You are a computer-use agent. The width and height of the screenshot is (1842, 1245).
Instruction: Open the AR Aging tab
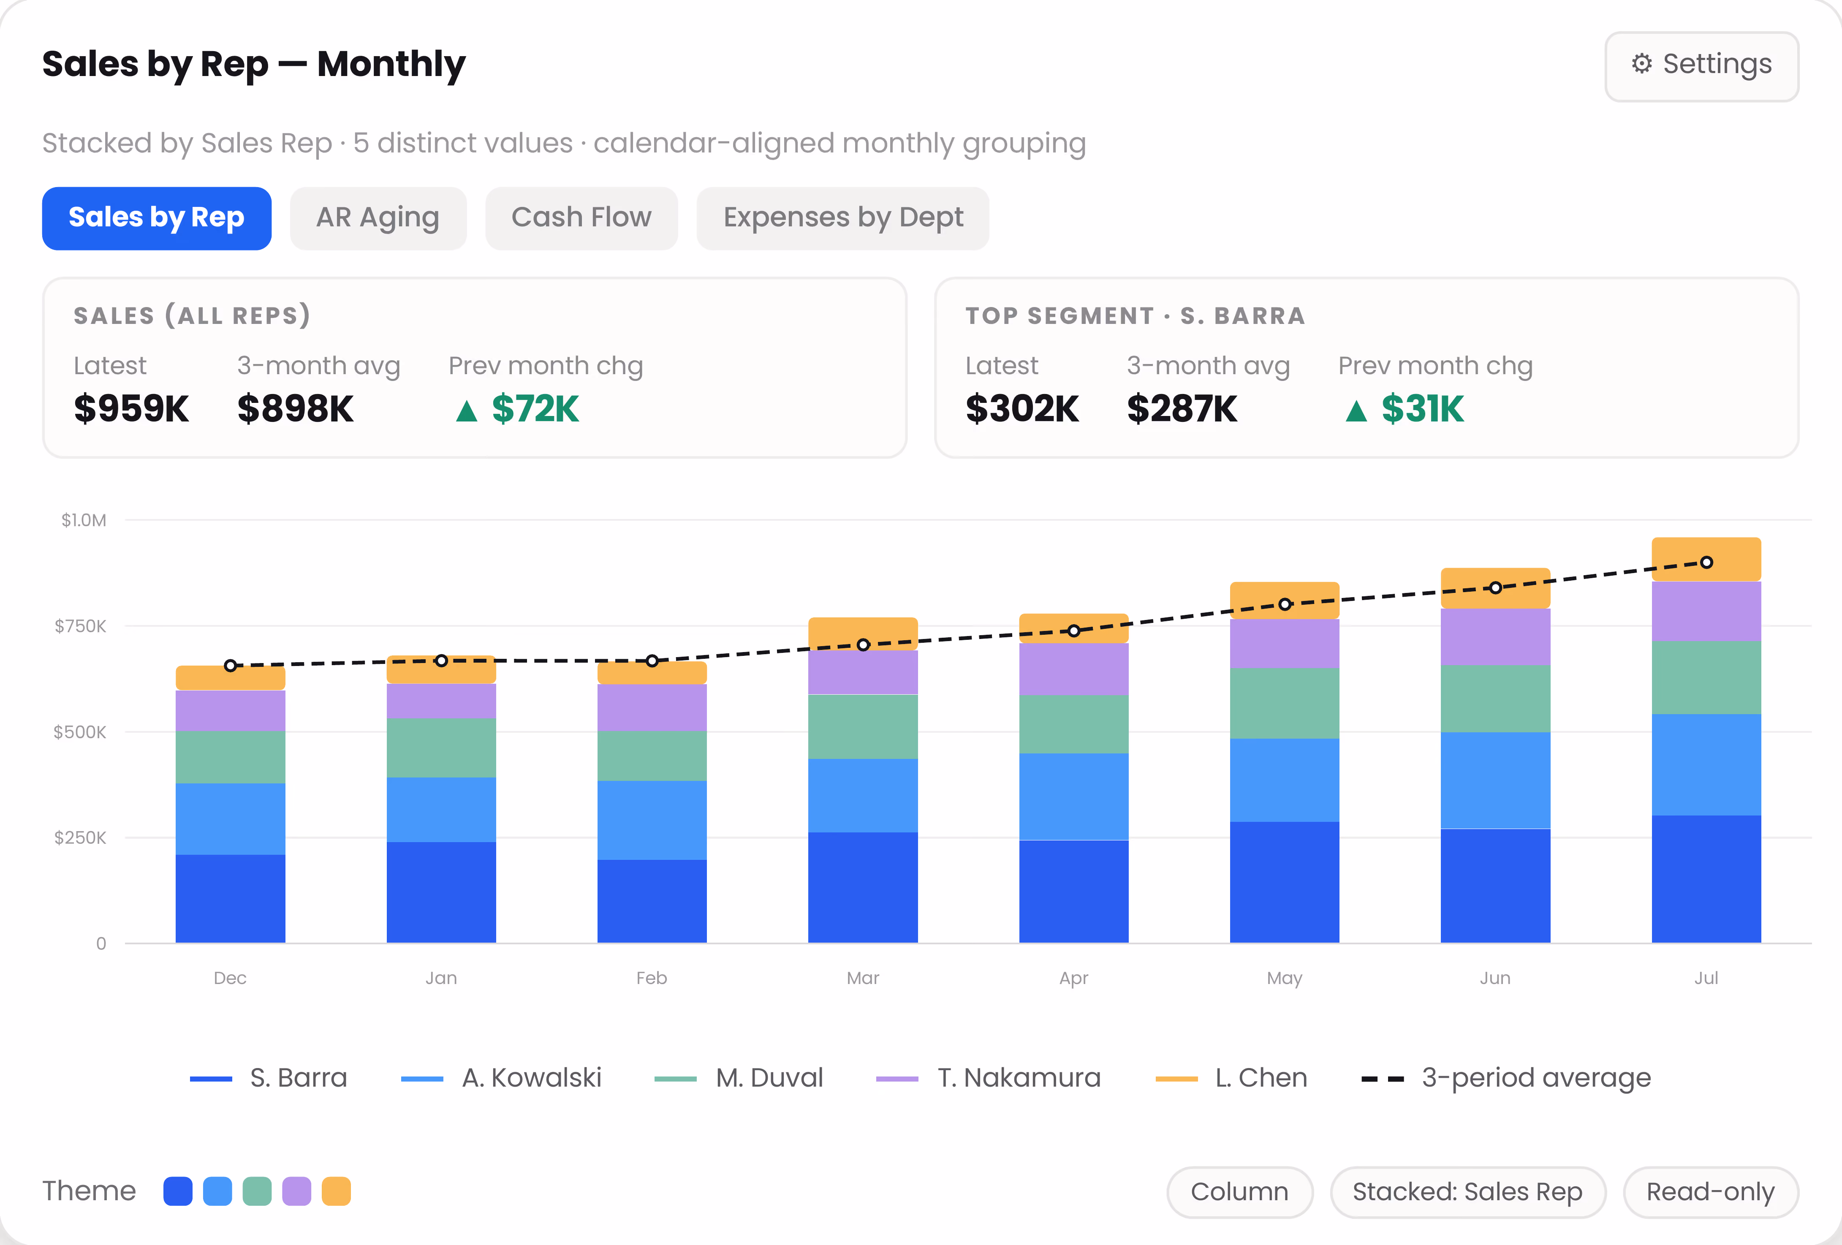(378, 218)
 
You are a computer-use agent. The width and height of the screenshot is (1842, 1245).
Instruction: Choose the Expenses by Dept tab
(842, 218)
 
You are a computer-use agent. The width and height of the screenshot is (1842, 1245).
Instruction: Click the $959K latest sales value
(132, 409)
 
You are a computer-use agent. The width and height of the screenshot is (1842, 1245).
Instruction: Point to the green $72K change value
(535, 409)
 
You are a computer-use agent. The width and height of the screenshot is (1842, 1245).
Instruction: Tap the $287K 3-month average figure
(1182, 409)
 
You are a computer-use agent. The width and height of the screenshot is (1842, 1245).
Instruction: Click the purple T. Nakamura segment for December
(230, 711)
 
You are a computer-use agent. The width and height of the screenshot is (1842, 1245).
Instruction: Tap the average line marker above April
(1074, 631)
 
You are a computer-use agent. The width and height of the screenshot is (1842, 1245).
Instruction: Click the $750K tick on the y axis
(80, 626)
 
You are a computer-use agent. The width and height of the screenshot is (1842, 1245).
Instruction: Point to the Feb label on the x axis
(652, 978)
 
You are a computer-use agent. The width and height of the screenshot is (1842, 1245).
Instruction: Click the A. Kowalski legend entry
(502, 1078)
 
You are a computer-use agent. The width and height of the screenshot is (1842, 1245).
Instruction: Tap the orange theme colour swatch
(336, 1191)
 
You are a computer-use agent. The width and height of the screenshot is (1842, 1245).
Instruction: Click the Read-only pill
(1710, 1192)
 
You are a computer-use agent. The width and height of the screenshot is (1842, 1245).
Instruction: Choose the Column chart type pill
(1240, 1192)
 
